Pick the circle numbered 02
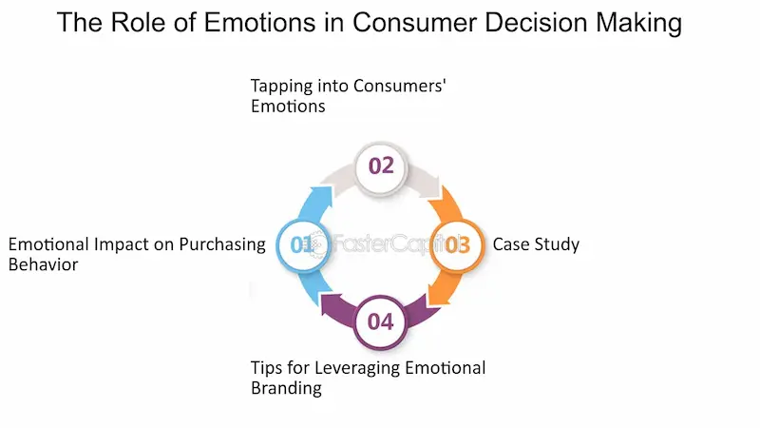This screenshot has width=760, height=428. click(381, 165)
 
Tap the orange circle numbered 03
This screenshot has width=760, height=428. click(457, 244)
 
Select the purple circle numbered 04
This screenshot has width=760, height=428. click(380, 321)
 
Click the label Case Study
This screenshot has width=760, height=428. click(536, 244)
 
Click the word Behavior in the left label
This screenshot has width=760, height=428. click(43, 264)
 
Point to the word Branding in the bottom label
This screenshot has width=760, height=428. click(286, 388)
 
